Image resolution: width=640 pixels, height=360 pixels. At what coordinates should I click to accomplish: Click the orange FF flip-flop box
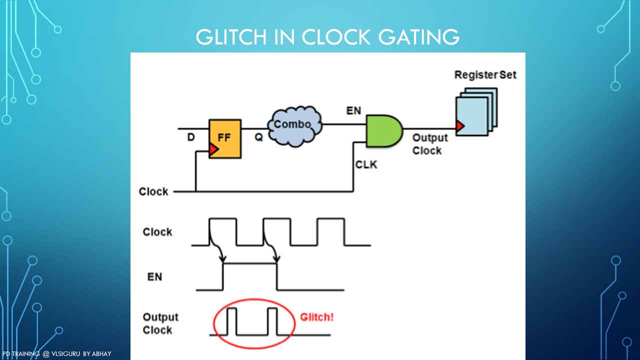[225, 138]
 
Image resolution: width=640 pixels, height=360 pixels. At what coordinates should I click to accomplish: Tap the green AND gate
[383, 130]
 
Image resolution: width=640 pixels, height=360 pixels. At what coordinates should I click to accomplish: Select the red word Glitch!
[317, 317]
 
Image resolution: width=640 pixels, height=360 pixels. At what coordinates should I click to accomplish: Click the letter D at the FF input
[191, 136]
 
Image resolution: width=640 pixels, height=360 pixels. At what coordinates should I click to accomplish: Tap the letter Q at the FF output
[258, 136]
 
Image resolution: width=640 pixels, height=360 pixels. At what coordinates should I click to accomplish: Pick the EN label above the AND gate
[353, 110]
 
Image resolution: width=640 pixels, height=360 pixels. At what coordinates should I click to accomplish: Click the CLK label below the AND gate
[366, 164]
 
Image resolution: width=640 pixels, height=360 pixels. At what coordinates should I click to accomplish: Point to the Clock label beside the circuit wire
[153, 191]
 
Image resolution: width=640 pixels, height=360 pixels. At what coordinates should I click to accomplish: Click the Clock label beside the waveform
[157, 232]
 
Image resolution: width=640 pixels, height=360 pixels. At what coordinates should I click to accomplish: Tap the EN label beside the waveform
[154, 276]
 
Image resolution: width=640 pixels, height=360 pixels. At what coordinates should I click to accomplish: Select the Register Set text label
[485, 75]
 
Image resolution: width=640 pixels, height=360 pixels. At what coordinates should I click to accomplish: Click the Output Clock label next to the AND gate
[429, 144]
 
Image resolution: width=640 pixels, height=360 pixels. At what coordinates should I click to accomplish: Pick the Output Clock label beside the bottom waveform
[160, 323]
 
